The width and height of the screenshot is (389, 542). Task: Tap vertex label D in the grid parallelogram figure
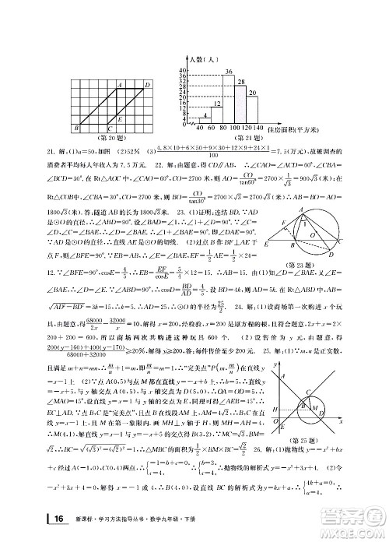point(148,83)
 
